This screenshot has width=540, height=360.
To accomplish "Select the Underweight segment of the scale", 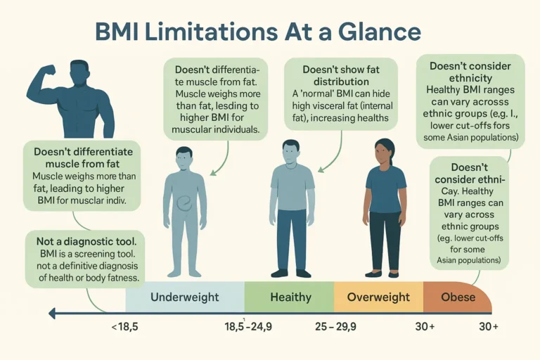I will tap(184, 297).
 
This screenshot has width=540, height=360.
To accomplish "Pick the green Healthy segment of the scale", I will tap(290, 297).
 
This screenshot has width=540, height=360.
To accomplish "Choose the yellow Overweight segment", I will tap(378, 297).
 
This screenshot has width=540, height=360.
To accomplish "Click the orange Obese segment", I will tap(458, 297).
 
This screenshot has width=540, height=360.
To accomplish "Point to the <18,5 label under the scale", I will tap(125, 328).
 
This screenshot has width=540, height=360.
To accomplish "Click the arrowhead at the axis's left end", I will tap(51, 313).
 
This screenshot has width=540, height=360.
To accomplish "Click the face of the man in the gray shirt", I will tap(290, 153).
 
